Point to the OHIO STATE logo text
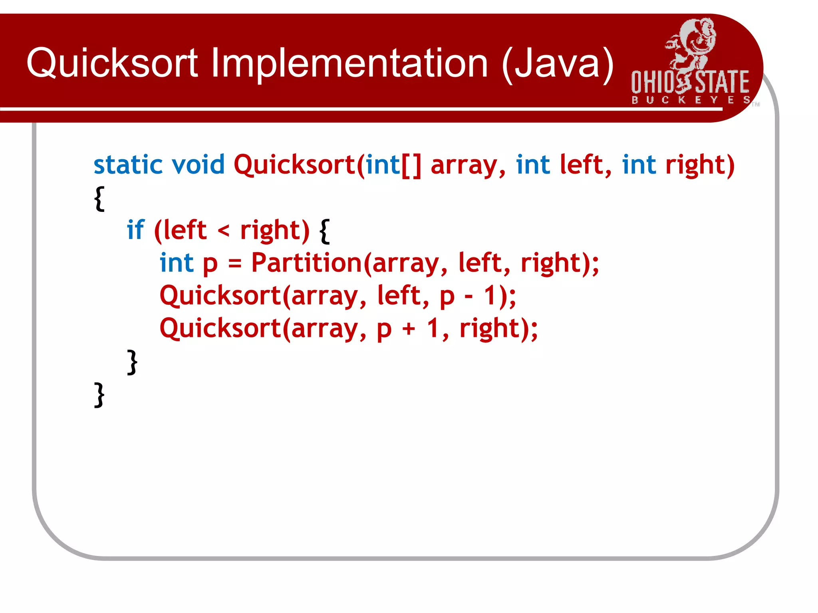coord(690,82)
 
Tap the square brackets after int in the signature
coord(411,165)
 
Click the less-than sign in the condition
coord(224,231)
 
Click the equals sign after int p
coord(235,263)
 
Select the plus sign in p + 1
coord(409,329)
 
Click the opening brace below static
coord(99,198)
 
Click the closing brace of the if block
coord(132,362)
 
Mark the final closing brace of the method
coord(99,395)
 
